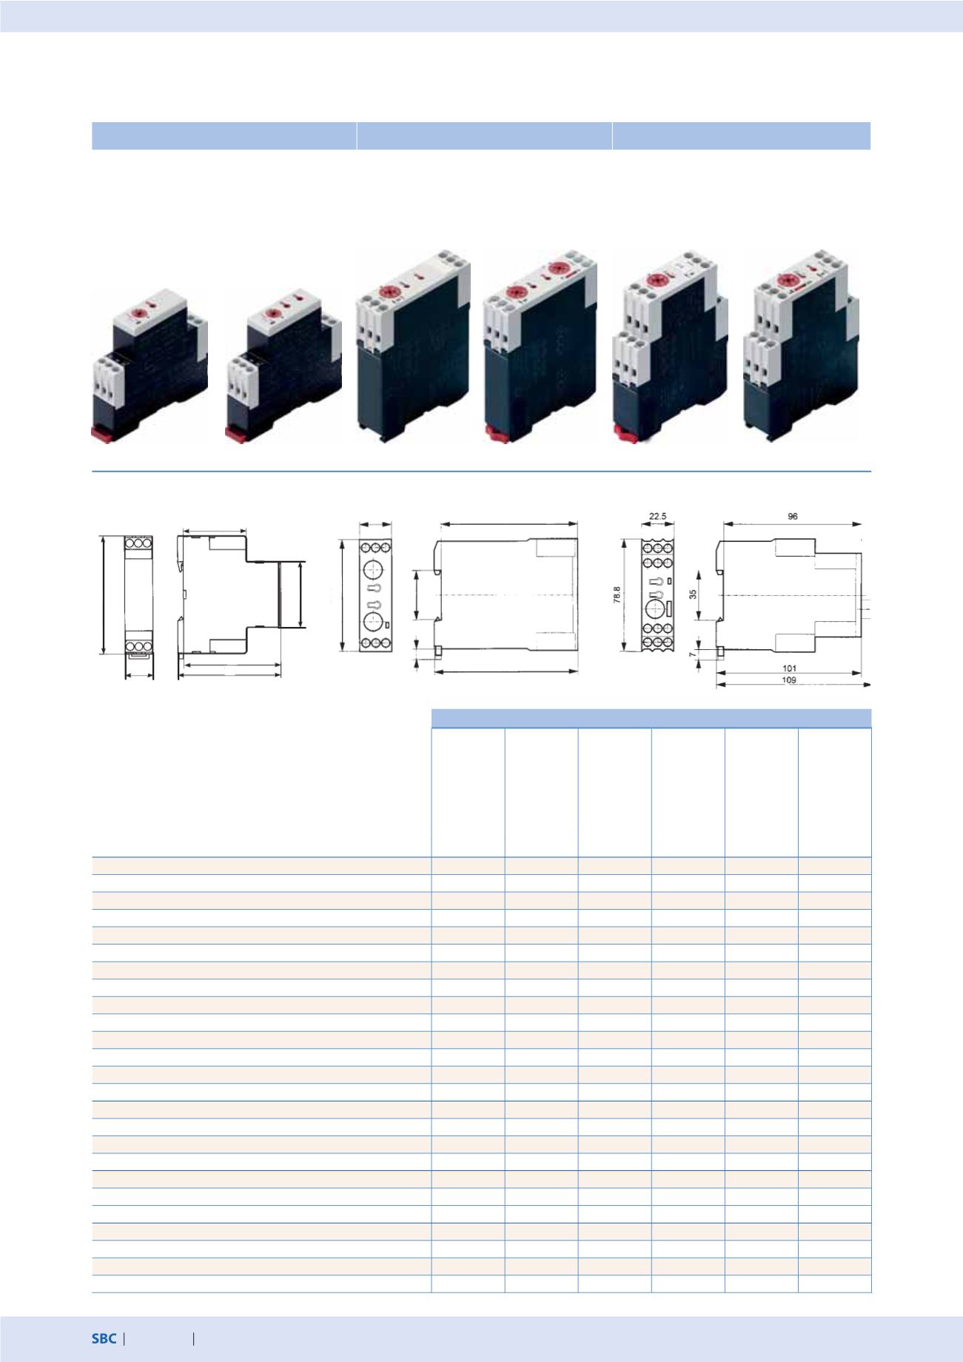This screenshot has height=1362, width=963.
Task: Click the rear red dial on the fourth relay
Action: coord(557,268)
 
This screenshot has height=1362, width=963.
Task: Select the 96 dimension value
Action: coord(792,516)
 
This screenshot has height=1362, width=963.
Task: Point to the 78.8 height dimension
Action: coord(616,595)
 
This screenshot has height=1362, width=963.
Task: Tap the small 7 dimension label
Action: coord(694,655)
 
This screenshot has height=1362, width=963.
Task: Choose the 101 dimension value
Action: coord(789,668)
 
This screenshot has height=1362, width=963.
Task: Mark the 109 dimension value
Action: coord(789,680)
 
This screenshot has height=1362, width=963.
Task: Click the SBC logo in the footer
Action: coord(104,1338)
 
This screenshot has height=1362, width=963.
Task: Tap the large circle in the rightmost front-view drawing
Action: coord(654,609)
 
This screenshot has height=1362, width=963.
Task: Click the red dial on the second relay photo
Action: coord(272,314)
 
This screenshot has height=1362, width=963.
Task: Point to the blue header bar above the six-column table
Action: coord(651,718)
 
